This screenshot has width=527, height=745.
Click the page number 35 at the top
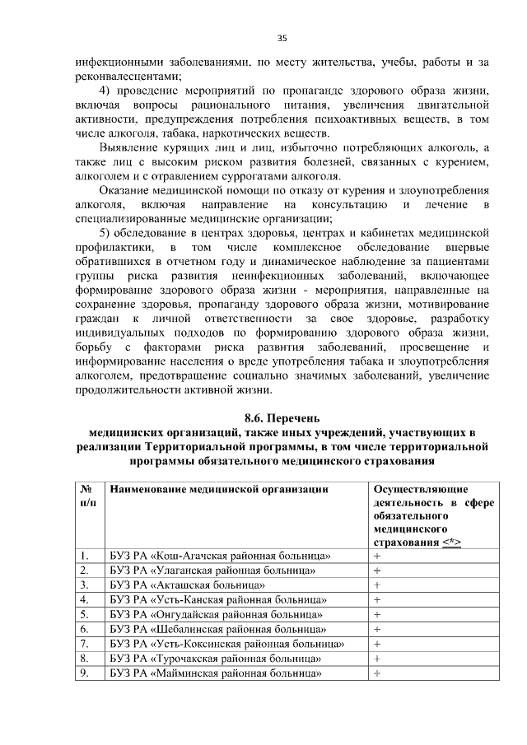point(282,38)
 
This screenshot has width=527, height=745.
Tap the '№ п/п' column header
point(86,496)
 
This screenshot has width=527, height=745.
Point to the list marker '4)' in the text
point(105,90)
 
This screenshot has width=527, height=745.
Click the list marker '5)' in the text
point(105,230)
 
